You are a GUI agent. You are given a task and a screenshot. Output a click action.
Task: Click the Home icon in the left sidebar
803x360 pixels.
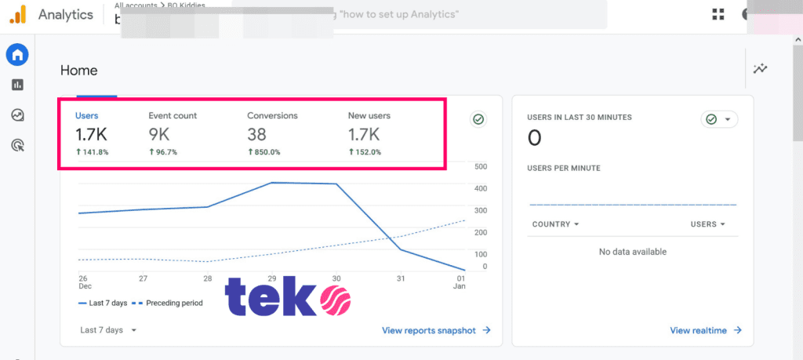pos(17,55)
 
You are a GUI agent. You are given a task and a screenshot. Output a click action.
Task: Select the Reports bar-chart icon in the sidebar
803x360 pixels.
pos(17,85)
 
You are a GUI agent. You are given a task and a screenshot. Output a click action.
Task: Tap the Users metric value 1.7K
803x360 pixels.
pos(91,135)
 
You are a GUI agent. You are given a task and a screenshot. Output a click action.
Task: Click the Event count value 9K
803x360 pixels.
pos(159,135)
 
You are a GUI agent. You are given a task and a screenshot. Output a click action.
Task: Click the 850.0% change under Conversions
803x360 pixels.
pos(263,152)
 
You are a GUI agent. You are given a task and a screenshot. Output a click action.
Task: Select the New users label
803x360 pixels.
pos(369,116)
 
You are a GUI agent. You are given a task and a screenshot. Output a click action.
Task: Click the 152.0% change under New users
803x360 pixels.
pos(365,152)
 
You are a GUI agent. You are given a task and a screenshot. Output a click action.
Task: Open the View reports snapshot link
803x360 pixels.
pos(436,330)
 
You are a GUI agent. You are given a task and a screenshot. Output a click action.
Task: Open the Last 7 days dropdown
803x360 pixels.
pos(108,330)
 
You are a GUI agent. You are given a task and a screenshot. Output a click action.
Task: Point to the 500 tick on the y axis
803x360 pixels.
pos(481,167)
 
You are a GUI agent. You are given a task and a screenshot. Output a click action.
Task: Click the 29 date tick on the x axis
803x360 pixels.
pos(271,278)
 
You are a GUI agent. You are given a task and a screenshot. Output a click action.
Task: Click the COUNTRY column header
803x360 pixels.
pos(555,224)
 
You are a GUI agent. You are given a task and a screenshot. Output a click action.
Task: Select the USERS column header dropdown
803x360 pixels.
pos(707,224)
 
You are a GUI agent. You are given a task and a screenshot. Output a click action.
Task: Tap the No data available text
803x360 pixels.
pos(632,252)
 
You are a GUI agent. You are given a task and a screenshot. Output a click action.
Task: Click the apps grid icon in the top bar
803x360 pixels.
pos(718,14)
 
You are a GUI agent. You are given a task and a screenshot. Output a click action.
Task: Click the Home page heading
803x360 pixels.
pos(79,71)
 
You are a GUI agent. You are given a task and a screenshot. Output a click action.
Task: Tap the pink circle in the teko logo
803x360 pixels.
pos(335,300)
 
